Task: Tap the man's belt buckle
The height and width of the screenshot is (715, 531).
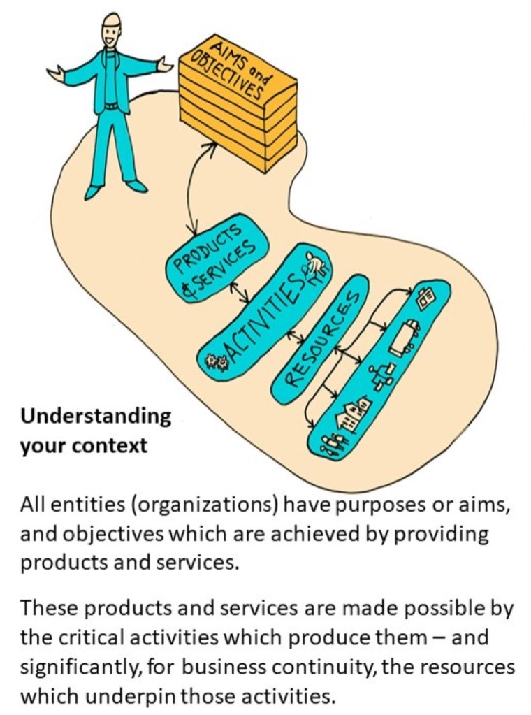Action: pyautogui.click(x=110, y=106)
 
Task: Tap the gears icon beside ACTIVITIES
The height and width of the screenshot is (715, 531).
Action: pyautogui.click(x=214, y=361)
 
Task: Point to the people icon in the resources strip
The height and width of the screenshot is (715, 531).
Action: pyautogui.click(x=332, y=442)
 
